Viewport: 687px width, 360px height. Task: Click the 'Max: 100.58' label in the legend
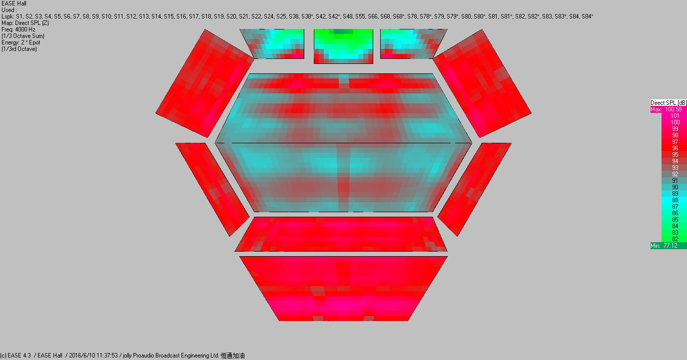pos(666,109)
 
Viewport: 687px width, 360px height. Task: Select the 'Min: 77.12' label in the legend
pos(664,246)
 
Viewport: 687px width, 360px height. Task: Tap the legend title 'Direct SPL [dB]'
pos(669,103)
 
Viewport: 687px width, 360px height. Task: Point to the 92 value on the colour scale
pos(675,174)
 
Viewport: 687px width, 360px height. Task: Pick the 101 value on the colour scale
pos(675,116)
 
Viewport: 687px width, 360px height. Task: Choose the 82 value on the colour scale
pos(675,239)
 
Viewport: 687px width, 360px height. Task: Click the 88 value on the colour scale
pos(675,200)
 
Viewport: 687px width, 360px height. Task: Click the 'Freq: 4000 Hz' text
pos(18,29)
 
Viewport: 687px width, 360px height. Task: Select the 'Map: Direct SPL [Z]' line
pos(25,23)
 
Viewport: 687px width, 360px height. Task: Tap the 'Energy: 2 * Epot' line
pos(21,42)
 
